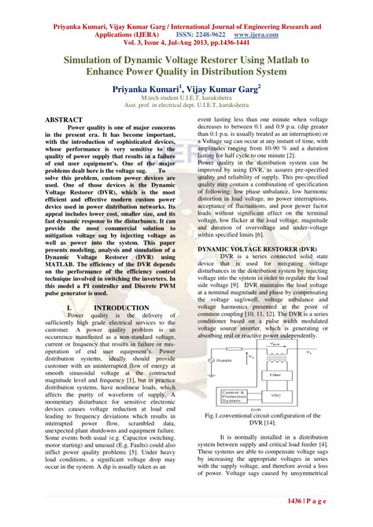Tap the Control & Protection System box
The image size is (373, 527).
tap(238, 396)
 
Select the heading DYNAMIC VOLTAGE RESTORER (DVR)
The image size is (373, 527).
tap(257, 249)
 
